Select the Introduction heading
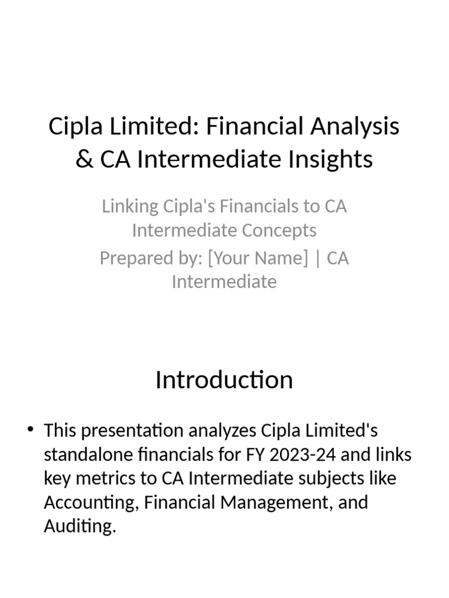[224, 380]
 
